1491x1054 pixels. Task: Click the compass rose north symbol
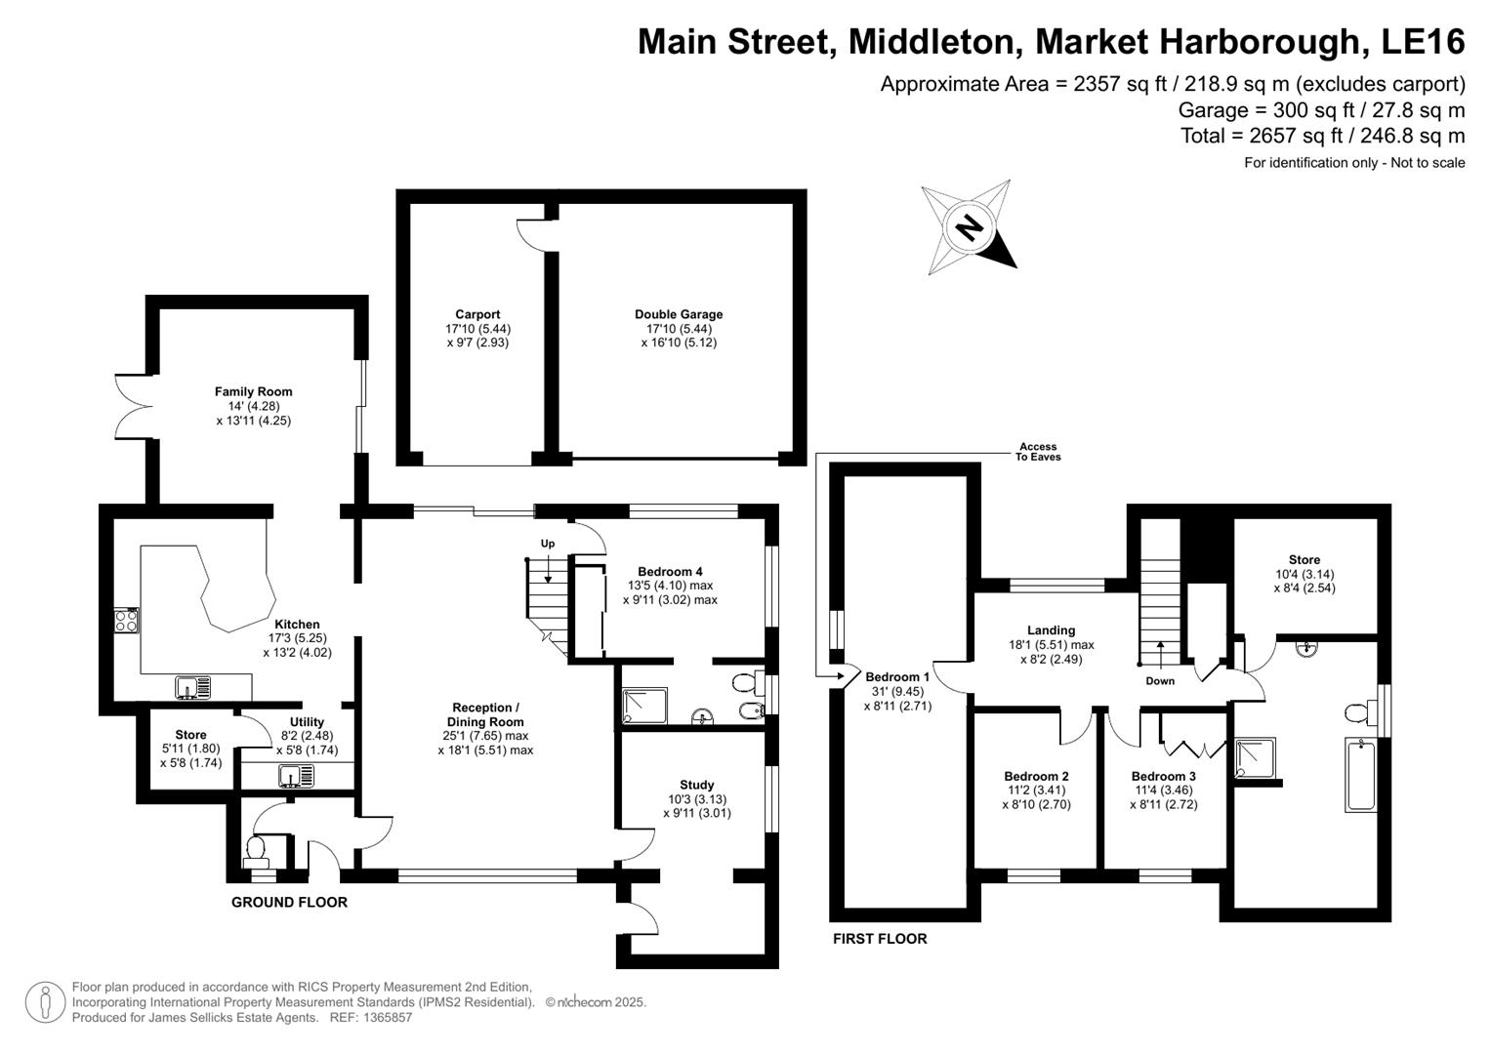(969, 228)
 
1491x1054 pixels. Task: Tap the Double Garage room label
(679, 314)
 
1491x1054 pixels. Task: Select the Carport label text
(477, 314)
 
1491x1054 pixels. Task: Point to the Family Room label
(254, 391)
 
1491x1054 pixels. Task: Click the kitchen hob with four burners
(127, 621)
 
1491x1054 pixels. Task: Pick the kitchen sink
(192, 688)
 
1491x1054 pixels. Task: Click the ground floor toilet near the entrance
(258, 850)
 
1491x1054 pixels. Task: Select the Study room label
(696, 785)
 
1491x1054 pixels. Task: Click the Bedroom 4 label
(670, 572)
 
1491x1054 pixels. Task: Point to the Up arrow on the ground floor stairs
(548, 566)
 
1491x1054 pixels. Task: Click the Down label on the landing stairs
(1160, 681)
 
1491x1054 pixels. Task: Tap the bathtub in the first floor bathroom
(1360, 776)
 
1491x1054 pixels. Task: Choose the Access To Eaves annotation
(1038, 452)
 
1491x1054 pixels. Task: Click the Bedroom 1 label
(897, 677)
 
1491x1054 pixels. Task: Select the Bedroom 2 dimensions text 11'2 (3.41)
(1036, 790)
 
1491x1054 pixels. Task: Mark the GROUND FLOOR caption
(289, 903)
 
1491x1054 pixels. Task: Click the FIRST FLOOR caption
(880, 939)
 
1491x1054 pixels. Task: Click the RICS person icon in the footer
(45, 1002)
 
